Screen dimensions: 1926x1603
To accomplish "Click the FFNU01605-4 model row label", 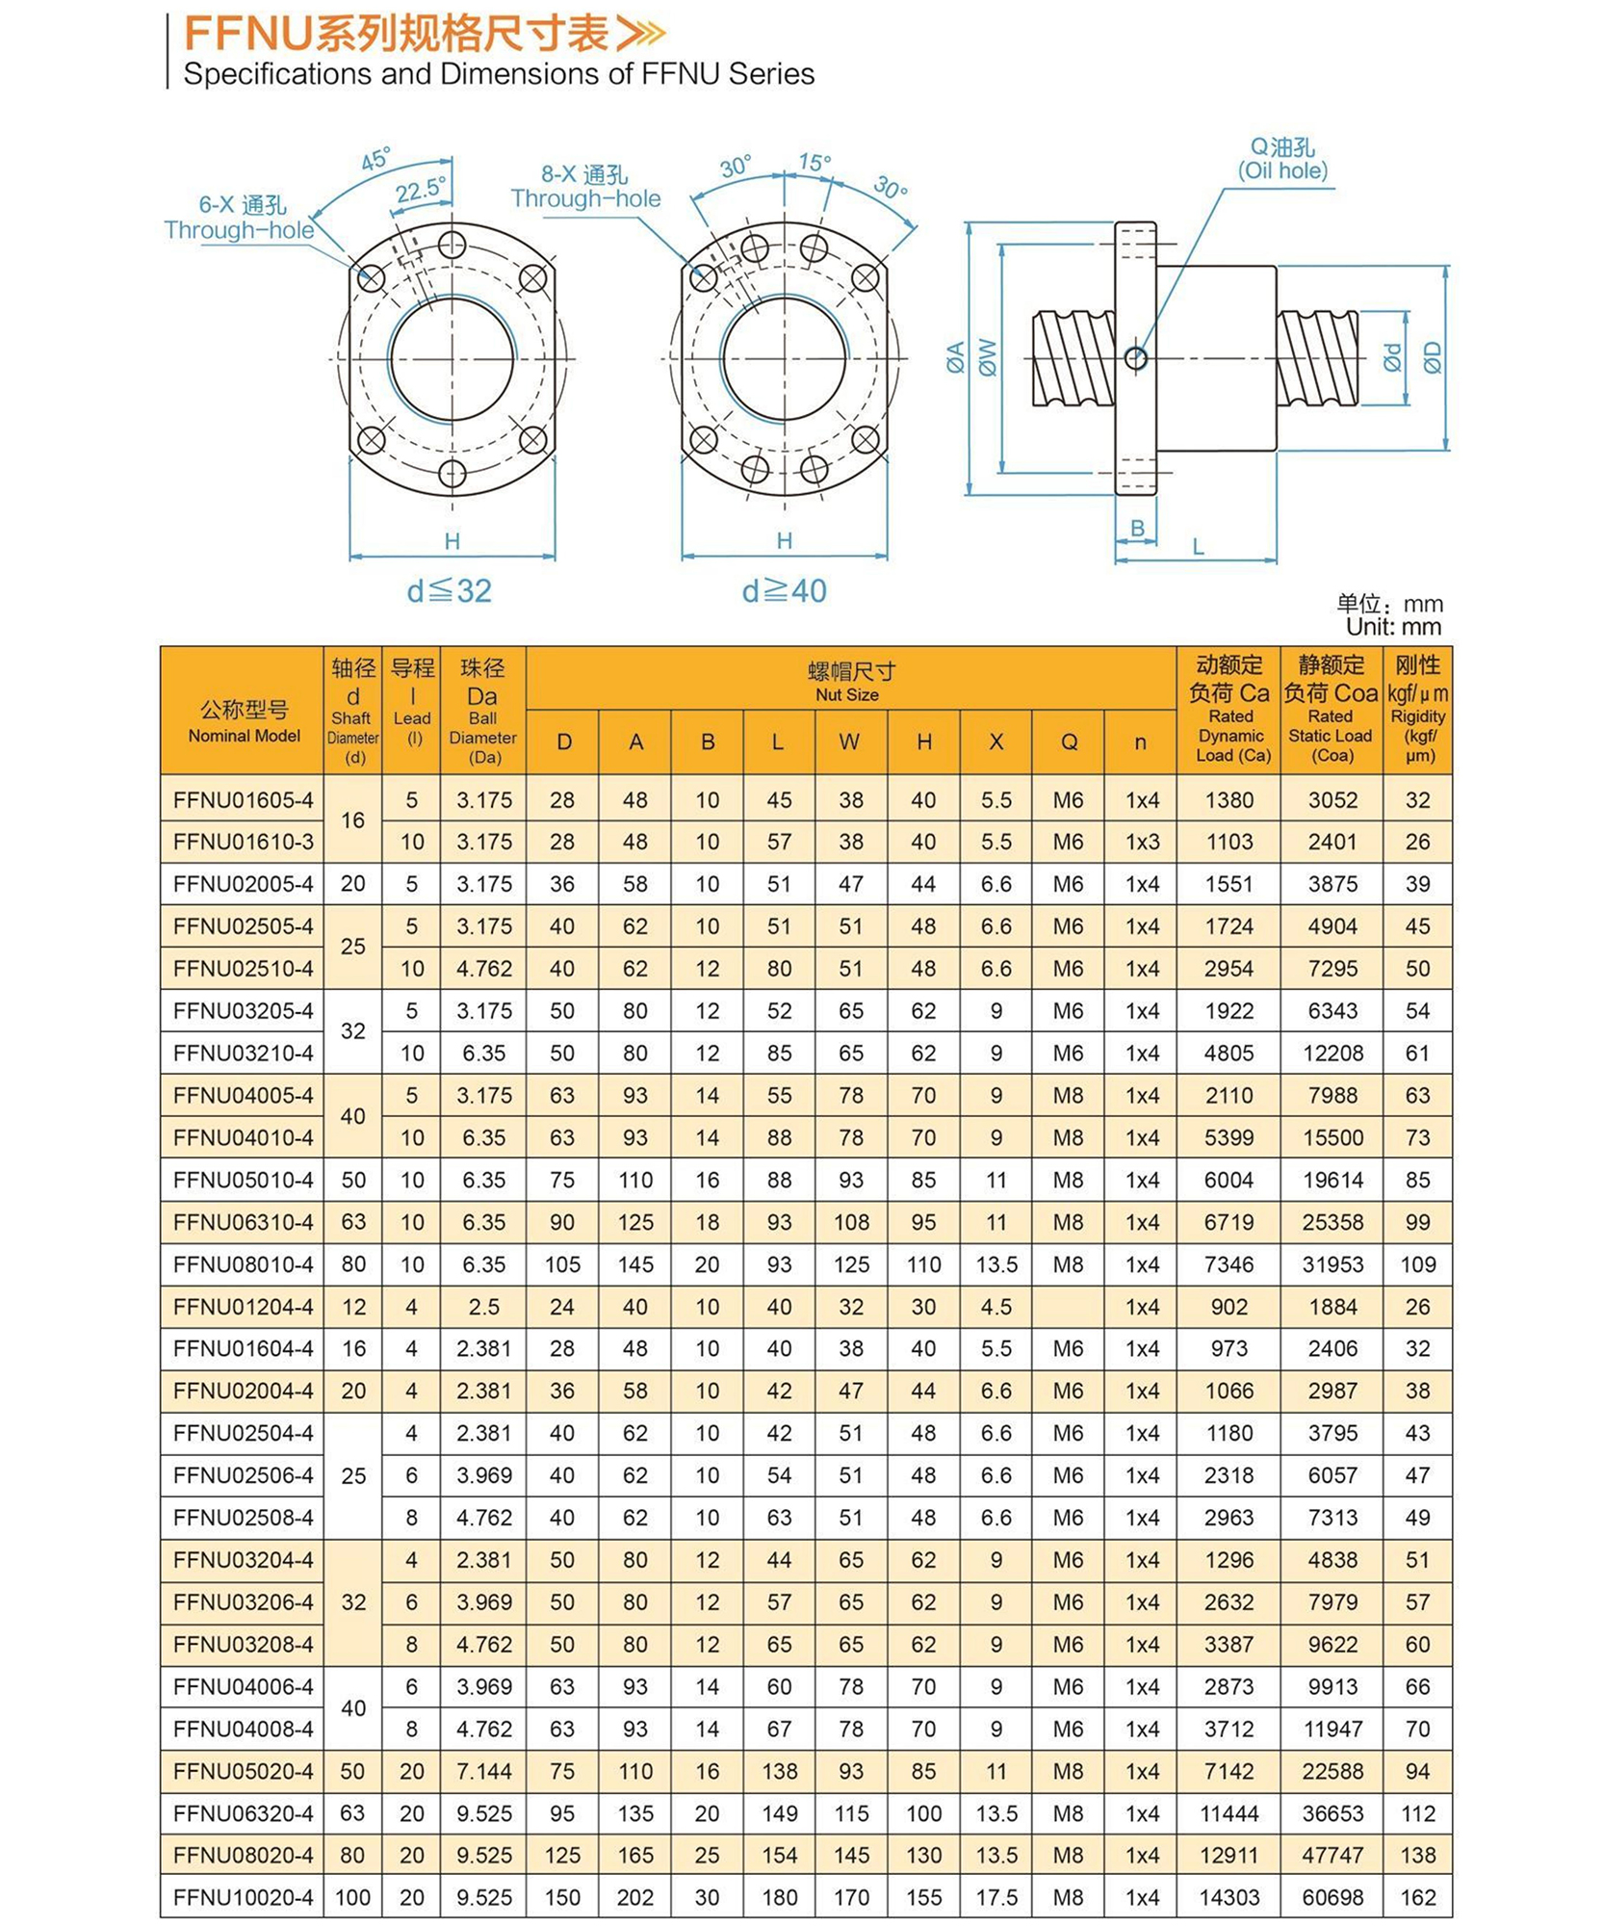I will pyautogui.click(x=243, y=799).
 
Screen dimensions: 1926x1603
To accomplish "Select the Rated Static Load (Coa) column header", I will pyautogui.click(x=1331, y=710).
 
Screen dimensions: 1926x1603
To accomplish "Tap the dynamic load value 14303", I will pyautogui.click(x=1228, y=1897).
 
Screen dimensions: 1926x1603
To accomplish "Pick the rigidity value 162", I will pyautogui.click(x=1417, y=1897).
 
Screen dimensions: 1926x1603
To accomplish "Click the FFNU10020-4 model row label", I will pyautogui.click(x=243, y=1897).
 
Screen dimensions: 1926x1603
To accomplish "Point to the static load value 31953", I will pyautogui.click(x=1332, y=1264).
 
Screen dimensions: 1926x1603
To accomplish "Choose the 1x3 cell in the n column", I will pyautogui.click(x=1142, y=842).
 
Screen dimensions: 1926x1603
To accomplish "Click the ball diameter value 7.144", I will pyautogui.click(x=483, y=1771).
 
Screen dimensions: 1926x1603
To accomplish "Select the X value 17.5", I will pyautogui.click(x=996, y=1897).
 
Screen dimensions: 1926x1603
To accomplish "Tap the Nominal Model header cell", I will pyautogui.click(x=243, y=720).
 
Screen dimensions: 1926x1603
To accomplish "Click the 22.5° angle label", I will pyautogui.click(x=421, y=191).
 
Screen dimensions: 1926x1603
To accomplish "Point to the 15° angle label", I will pyautogui.click(x=814, y=163).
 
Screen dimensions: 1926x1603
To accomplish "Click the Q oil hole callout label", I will pyautogui.click(x=1282, y=159).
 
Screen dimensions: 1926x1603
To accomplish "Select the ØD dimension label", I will pyautogui.click(x=1433, y=357).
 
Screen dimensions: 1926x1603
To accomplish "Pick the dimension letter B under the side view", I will pyautogui.click(x=1137, y=528).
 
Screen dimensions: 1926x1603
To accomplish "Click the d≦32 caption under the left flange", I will pyautogui.click(x=449, y=590).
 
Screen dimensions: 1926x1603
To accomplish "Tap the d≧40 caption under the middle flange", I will pyautogui.click(x=784, y=590).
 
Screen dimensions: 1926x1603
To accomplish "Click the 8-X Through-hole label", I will pyautogui.click(x=585, y=187).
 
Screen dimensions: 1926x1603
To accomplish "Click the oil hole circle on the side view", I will pyautogui.click(x=1136, y=358).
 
